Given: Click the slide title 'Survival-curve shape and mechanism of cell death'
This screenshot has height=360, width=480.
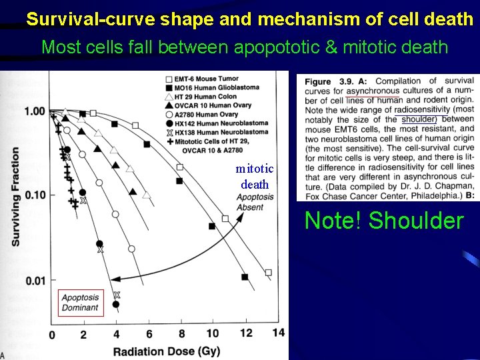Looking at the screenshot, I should click(x=249, y=19).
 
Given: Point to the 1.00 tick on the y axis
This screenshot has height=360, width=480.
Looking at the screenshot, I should click(x=33, y=111).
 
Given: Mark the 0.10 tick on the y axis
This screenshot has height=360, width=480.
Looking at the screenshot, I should click(x=33, y=195).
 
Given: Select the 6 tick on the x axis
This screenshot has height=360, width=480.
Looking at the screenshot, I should click(x=149, y=333).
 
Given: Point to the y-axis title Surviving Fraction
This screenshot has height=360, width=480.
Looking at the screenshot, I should click(x=15, y=197).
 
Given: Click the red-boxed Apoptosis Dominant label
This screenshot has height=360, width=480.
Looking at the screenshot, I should click(x=80, y=303).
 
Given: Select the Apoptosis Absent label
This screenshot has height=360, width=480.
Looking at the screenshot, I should click(x=255, y=202).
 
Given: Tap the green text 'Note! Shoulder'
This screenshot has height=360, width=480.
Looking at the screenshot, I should click(x=383, y=221).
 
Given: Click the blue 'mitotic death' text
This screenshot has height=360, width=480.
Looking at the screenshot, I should click(x=255, y=177).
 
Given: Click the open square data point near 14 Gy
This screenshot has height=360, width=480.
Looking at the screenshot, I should click(x=268, y=272).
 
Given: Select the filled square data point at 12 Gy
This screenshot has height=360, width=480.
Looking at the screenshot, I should click(x=245, y=277).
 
